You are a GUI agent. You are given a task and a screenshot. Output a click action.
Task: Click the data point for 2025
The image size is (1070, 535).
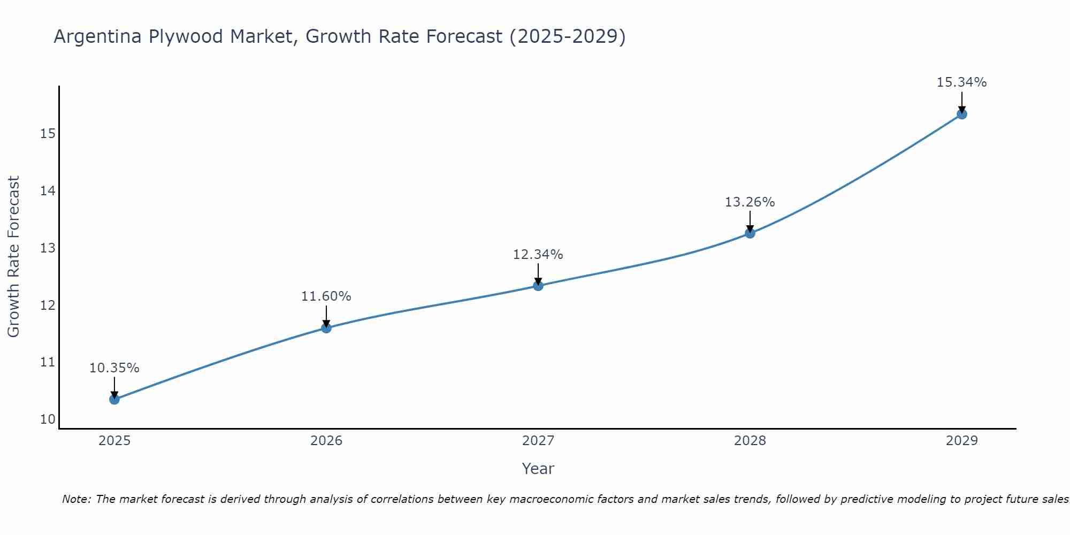[114, 399]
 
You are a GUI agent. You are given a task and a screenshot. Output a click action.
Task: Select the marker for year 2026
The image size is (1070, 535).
[326, 328]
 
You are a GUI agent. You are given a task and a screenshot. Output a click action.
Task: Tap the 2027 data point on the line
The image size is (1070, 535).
[538, 286]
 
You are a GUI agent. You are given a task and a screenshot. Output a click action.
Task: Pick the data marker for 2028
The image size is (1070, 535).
[750, 233]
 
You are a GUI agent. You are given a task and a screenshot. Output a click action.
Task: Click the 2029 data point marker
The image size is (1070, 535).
[962, 114]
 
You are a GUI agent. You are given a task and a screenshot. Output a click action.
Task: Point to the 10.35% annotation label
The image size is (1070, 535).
[114, 368]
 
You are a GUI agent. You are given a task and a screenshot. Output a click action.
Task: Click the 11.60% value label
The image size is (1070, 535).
[326, 296]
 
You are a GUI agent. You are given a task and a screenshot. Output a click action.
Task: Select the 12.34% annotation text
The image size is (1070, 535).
[538, 255]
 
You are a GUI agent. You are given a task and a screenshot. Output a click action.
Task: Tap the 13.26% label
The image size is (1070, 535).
[750, 202]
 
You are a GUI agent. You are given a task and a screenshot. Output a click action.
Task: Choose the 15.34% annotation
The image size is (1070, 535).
[961, 82]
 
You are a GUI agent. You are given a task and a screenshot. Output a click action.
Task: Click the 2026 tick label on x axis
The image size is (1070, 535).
[326, 441]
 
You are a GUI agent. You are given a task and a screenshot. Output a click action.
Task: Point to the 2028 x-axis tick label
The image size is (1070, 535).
[750, 441]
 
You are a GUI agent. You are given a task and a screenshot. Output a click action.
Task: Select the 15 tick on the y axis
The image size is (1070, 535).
[48, 133]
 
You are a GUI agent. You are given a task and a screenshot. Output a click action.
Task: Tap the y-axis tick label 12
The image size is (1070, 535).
[48, 305]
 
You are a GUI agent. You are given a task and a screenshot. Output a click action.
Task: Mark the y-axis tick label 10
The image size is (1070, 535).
[48, 419]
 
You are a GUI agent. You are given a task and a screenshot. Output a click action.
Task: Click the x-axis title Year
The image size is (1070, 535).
[538, 469]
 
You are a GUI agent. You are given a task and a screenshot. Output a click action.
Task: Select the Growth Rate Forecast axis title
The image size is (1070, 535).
[13, 257]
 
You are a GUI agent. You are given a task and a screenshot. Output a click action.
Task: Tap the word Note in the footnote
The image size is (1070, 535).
[75, 499]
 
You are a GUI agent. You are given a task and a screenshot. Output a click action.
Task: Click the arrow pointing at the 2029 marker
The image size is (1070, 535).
[962, 101]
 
